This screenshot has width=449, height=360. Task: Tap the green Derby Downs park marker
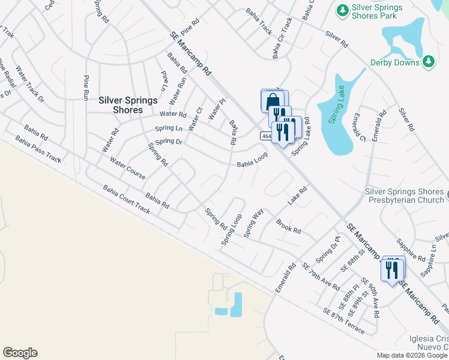428,61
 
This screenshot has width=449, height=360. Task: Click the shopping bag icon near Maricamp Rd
272,100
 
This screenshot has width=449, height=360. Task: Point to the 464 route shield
267,137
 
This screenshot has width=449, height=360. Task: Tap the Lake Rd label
297,196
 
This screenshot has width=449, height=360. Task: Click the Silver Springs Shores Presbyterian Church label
404,196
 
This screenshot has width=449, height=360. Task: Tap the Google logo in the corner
20,353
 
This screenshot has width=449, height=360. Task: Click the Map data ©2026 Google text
412,356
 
